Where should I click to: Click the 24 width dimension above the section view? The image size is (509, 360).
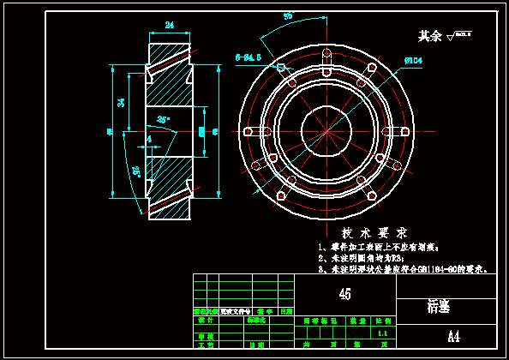(170, 25)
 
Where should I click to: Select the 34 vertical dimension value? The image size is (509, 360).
(121, 103)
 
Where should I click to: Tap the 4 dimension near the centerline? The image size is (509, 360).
(148, 138)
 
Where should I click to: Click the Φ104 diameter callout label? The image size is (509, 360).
(414, 60)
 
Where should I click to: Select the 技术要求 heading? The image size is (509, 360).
(374, 233)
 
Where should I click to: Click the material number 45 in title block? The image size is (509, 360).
(344, 294)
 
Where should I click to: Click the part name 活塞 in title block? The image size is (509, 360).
(439, 306)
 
